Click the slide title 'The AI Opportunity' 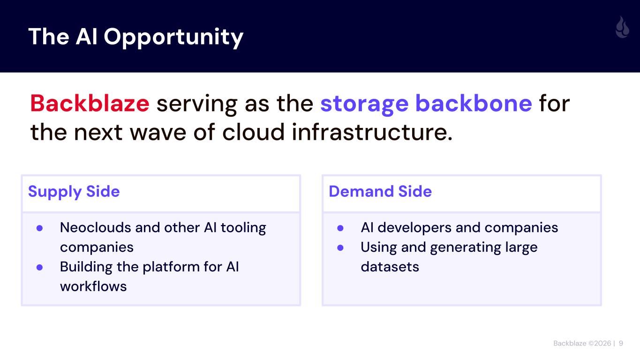tap(136, 37)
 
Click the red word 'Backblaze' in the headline tap(90, 104)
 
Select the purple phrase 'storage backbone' tap(426, 104)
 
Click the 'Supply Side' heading tap(74, 191)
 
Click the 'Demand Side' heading tap(380, 191)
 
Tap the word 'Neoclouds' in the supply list tap(96, 228)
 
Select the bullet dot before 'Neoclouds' tap(40, 228)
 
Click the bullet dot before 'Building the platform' tap(40, 267)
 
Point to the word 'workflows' tap(93, 286)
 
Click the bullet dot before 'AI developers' tap(341, 228)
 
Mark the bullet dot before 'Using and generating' tap(341, 247)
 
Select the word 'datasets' tap(390, 267)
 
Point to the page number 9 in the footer tap(621, 344)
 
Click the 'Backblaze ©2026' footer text tap(582, 344)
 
